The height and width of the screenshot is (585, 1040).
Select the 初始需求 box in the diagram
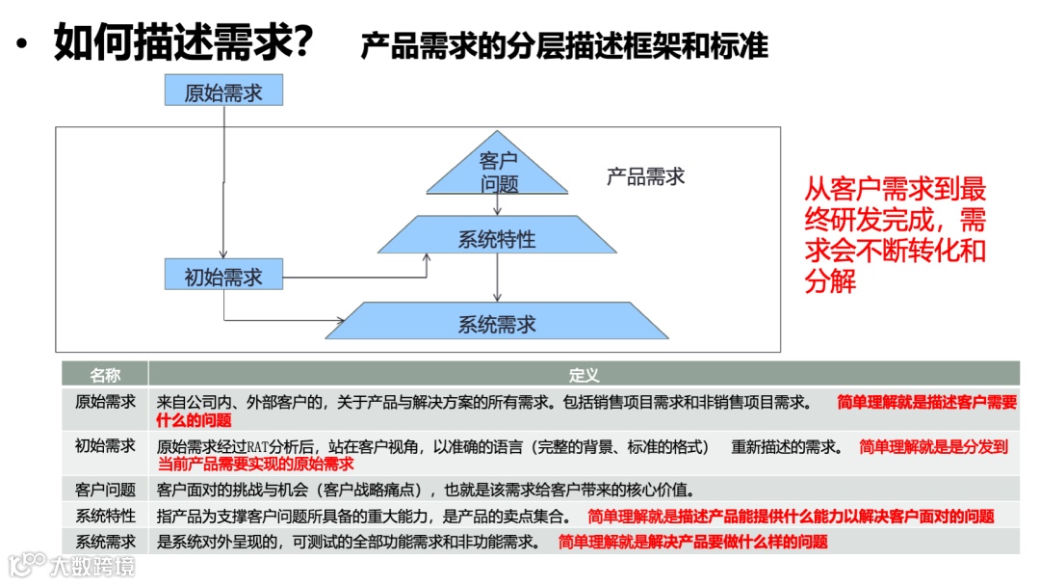coord(222,277)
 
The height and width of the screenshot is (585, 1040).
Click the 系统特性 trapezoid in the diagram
coord(497,237)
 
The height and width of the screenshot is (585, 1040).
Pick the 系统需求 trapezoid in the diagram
coord(497,323)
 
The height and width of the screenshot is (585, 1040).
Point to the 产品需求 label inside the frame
coord(645,176)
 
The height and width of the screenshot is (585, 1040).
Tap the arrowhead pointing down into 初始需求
coord(222,253)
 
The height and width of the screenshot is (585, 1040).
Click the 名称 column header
coord(105,374)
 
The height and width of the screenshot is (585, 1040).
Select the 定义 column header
coord(584,374)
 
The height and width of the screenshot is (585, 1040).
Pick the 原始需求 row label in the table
coord(105,402)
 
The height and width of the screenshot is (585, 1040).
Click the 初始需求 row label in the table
coord(105,446)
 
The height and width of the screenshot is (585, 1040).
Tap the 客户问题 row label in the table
coord(105,489)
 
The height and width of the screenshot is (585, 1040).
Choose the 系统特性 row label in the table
coord(105,516)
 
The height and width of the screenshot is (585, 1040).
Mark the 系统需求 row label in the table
coord(105,542)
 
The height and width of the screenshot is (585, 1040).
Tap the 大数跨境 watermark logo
coord(72,564)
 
